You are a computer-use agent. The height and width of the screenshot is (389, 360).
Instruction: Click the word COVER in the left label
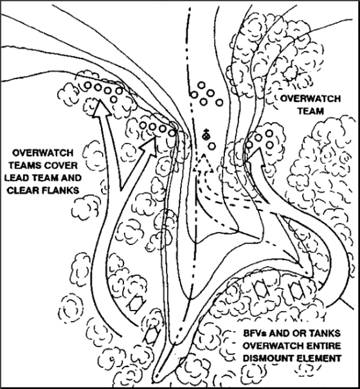(62, 165)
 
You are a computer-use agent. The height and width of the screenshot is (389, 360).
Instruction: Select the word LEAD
(15, 178)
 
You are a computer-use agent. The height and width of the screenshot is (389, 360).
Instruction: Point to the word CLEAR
(22, 190)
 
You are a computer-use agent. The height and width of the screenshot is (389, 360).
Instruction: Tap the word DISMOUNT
(267, 358)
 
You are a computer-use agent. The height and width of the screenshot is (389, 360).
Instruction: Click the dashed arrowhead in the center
(203, 163)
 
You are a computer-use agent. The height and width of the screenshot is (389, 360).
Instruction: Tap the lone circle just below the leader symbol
(212, 147)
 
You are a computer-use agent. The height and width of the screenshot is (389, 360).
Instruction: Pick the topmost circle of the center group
(201, 85)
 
